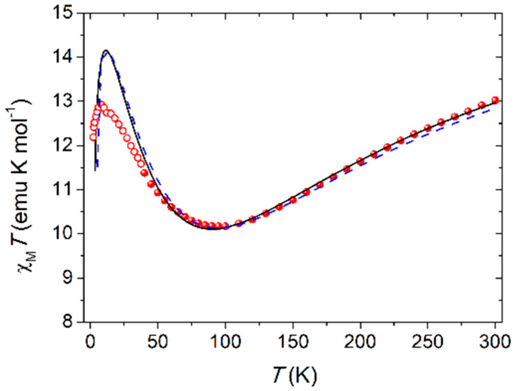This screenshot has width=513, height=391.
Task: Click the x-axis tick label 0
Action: (90, 342)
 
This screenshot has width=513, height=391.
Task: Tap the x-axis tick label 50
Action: (158, 342)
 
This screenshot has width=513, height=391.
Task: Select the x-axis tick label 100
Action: (225, 342)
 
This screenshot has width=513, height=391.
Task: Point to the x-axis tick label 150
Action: (293, 342)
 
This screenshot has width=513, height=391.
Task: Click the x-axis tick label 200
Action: (360, 342)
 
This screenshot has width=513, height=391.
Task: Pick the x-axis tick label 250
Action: (428, 342)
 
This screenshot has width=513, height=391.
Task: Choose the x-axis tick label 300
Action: (495, 342)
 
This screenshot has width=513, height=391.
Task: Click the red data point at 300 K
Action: (495, 100)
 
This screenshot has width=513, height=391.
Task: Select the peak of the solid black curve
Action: (106, 50)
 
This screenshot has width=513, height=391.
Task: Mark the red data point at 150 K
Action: (293, 200)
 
